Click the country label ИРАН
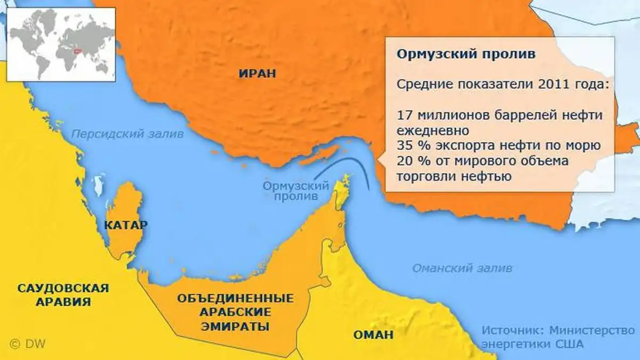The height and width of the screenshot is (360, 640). coord(257,74)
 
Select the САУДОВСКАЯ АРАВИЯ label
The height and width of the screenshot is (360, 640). coord(63,295)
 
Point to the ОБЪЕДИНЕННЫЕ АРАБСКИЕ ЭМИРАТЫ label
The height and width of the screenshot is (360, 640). coord(235,312)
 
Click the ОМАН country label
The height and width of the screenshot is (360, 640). coord(373,335)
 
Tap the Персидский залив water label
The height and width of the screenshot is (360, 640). coord(128,134)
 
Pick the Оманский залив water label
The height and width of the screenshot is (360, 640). coord(462,268)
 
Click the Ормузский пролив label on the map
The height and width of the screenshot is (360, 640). coord(295,191)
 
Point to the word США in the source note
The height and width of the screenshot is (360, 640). coord(570,344)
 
